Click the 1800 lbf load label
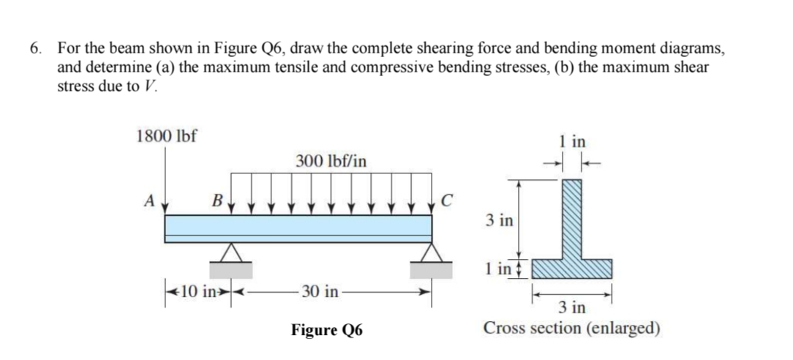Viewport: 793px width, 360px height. coord(167,135)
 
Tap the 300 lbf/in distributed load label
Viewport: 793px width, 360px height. coord(331,160)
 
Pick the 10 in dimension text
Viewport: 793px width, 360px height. coord(195,293)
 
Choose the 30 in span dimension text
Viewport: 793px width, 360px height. coord(319,293)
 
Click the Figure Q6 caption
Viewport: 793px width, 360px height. coord(326,329)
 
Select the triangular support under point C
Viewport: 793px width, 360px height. coord(432,252)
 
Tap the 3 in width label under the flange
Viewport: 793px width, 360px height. coord(576,307)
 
